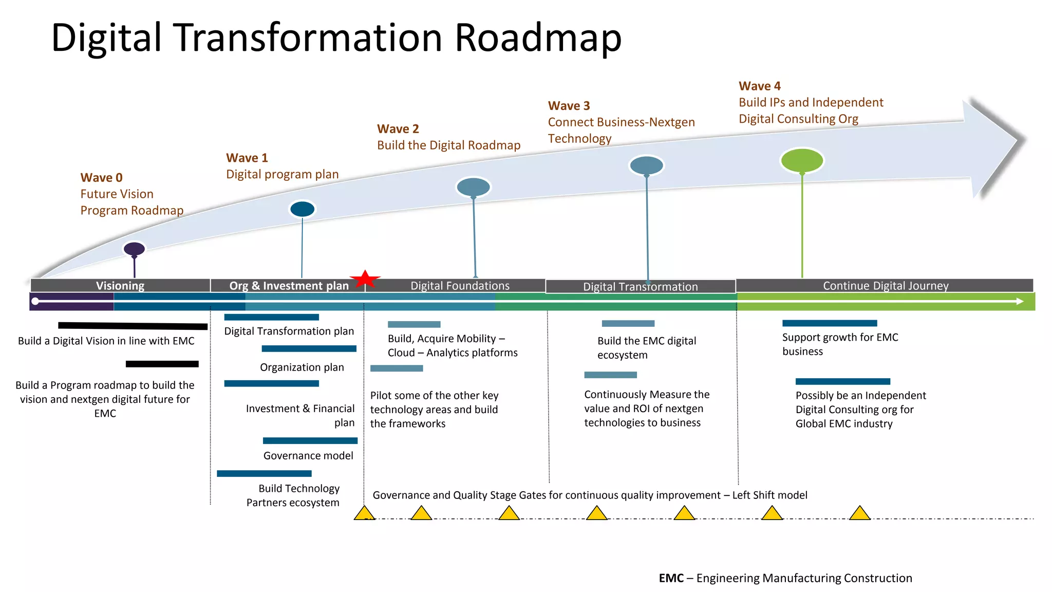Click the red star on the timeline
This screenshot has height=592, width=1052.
[365, 280]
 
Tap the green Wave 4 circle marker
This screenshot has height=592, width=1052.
[802, 160]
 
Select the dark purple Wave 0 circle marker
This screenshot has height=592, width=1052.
[134, 249]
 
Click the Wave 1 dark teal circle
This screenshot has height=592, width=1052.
[302, 209]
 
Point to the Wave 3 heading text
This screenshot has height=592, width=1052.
[569, 106]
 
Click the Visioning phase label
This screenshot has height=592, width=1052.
[120, 286]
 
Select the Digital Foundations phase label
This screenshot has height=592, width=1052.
[460, 286]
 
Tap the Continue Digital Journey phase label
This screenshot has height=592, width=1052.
[885, 286]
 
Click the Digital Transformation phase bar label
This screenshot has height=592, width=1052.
[640, 287]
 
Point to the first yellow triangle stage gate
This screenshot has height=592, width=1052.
[364, 513]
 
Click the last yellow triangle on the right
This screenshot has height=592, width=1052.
[859, 513]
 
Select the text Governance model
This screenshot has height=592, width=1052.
[308, 456]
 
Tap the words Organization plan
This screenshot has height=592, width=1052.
[302, 367]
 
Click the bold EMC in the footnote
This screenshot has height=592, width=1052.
[671, 578]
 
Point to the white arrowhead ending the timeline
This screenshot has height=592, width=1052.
[1020, 301]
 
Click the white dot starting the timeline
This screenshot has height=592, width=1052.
[35, 301]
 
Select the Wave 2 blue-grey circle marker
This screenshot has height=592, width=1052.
[473, 187]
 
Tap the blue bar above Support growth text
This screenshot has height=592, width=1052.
[829, 323]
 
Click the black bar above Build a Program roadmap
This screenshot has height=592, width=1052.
[162, 364]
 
